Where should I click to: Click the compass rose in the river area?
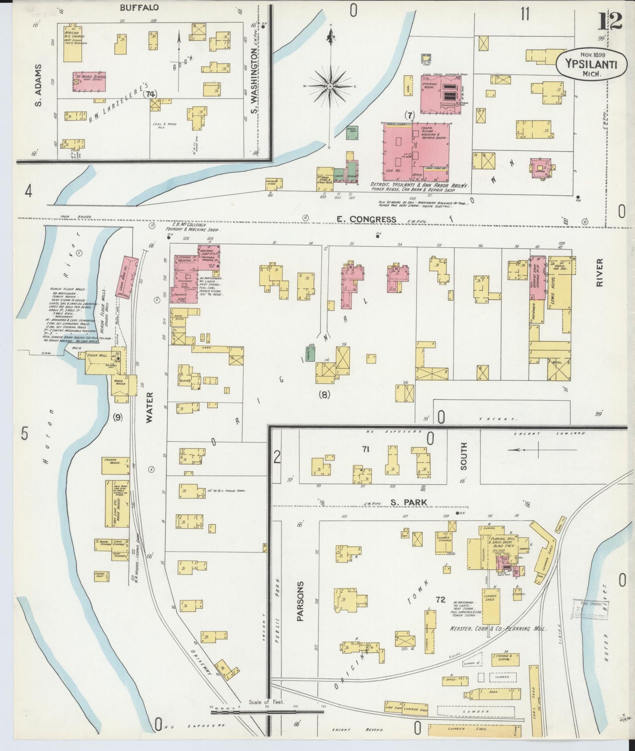coord(330,86)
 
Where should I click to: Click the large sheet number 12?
coord(610,21)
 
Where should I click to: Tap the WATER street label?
coord(149,408)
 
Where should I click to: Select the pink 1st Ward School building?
coord(89,82)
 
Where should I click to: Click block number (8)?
coord(324,394)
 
